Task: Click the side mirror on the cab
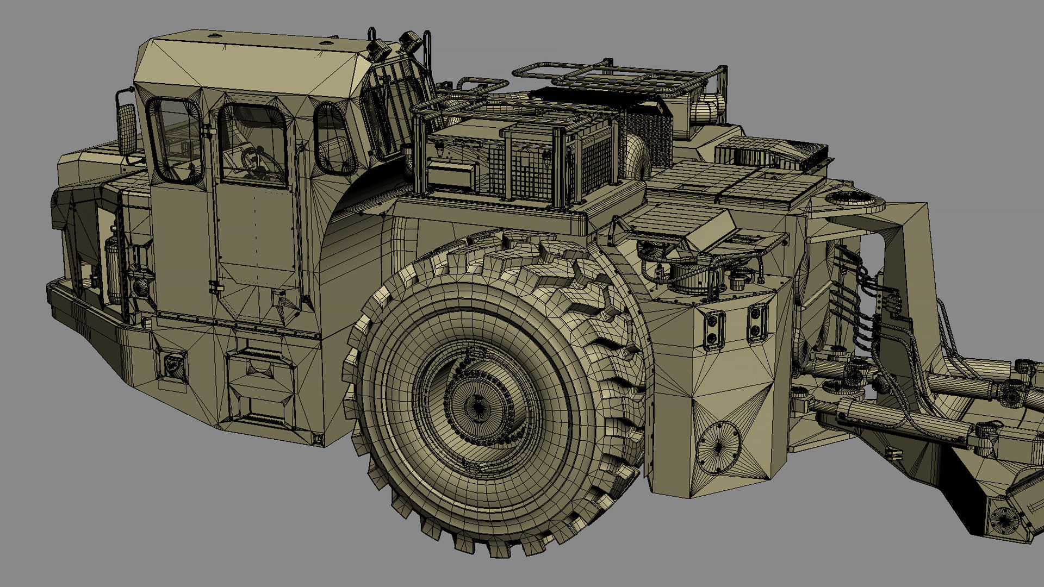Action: pyautogui.click(x=127, y=129)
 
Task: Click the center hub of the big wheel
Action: pyautogui.click(x=478, y=405)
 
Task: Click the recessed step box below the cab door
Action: pyautogui.click(x=260, y=386)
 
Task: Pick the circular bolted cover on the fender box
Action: pyautogui.click(x=718, y=446)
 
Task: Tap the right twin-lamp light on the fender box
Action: pyautogui.click(x=757, y=322)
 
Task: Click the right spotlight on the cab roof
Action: pyautogui.click(x=410, y=41)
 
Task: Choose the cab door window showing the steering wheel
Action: pyautogui.click(x=252, y=144)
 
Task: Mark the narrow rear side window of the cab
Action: pyautogui.click(x=333, y=139)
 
